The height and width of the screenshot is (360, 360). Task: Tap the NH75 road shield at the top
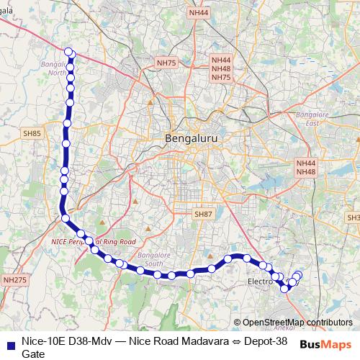(166, 63)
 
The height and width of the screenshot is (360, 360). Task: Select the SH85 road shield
(32, 133)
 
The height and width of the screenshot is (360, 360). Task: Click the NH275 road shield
(14, 279)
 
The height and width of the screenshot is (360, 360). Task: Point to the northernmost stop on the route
(68, 51)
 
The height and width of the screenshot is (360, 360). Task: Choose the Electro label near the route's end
(260, 281)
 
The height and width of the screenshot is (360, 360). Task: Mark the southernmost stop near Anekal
(285, 289)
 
